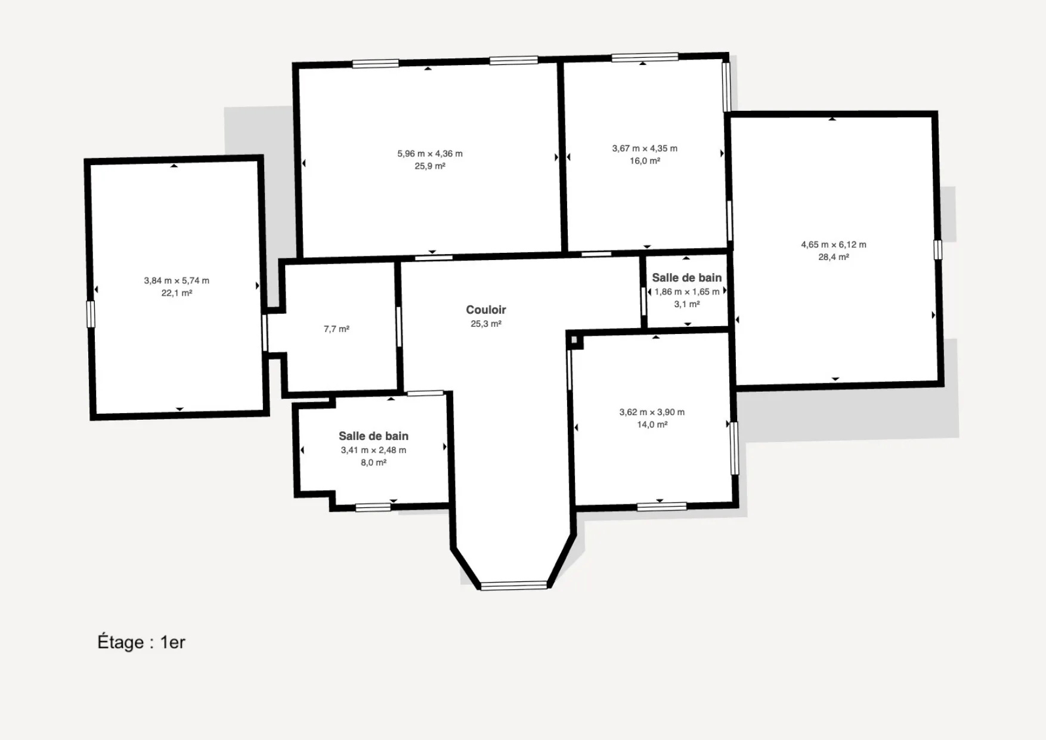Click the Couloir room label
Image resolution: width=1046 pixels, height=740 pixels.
tap(486, 309)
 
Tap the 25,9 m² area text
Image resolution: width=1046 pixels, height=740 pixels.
tap(430, 166)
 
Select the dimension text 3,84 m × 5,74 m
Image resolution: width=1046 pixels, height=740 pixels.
tap(177, 280)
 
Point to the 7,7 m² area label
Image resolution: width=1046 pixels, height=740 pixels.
tap(336, 329)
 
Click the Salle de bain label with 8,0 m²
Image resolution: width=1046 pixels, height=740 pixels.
tap(373, 436)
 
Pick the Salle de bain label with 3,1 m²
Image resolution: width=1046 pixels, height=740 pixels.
tap(687, 277)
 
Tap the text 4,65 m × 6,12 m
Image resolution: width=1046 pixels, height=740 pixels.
tap(834, 244)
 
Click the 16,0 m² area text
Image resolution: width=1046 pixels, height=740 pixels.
tap(645, 161)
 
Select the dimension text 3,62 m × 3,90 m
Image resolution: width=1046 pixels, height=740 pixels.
tap(652, 412)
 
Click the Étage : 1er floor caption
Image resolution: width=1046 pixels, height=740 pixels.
tap(141, 642)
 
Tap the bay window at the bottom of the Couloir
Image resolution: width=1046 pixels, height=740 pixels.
tap(513, 586)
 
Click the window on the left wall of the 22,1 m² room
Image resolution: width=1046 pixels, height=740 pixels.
tap(91, 314)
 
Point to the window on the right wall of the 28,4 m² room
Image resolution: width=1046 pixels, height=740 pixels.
tap(937, 250)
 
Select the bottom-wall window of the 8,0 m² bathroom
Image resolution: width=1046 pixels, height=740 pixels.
tap(373, 507)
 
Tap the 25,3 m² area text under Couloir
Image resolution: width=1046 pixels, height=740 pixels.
tap(486, 324)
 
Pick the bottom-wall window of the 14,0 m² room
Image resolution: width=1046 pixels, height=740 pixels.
tap(662, 507)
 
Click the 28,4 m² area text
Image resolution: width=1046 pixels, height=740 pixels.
tap(834, 257)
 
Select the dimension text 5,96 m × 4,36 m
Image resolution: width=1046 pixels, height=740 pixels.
tap(430, 153)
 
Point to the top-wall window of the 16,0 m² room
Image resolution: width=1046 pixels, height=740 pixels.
tap(645, 57)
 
